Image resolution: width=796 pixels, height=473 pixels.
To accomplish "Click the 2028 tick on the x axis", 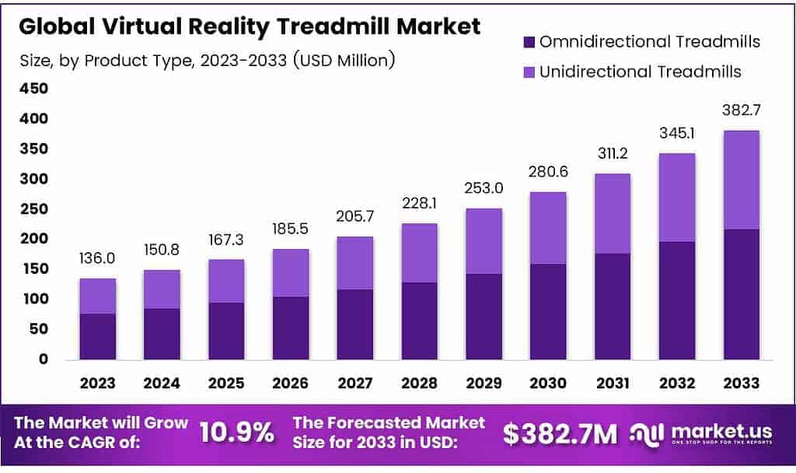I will pyautogui.click(x=419, y=383).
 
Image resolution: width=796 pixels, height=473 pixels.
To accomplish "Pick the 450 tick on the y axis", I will pyautogui.click(x=33, y=89).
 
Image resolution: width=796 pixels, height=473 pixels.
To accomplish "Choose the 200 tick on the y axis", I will pyautogui.click(x=33, y=239).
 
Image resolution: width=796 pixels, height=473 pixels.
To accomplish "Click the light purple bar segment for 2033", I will pyautogui.click(x=741, y=180).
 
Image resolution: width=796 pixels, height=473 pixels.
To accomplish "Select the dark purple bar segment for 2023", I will pyautogui.click(x=97, y=336).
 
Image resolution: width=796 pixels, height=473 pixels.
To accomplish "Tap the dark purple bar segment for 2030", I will pyautogui.click(x=548, y=311).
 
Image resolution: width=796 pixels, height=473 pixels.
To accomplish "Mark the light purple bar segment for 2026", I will pyautogui.click(x=291, y=272).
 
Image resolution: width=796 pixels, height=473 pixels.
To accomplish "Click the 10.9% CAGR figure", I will pyautogui.click(x=236, y=433).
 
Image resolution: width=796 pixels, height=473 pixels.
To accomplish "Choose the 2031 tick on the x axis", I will pyautogui.click(x=613, y=383).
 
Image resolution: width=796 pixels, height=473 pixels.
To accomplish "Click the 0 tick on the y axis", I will pyautogui.click(x=44, y=359).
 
